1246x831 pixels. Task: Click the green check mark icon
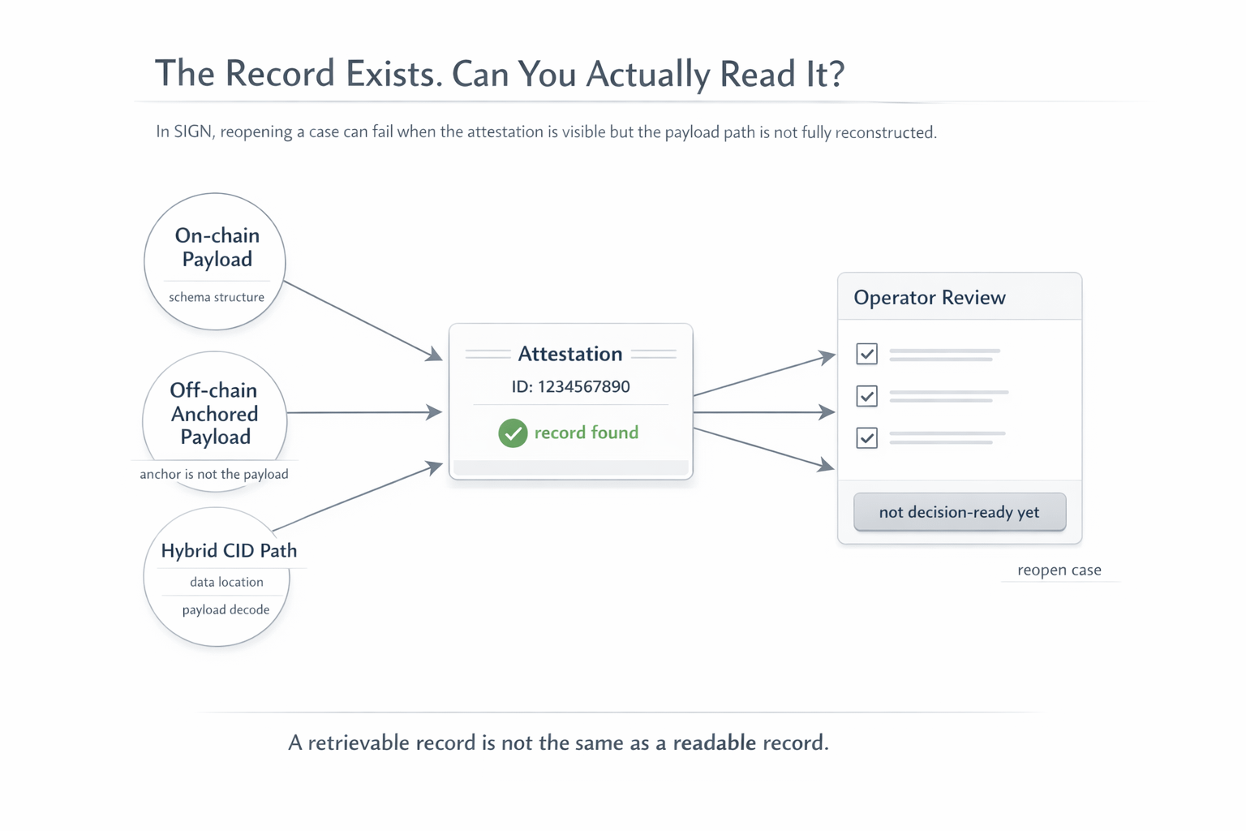click(513, 433)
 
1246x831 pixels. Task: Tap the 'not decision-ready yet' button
click(959, 512)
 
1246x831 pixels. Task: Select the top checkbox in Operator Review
click(866, 354)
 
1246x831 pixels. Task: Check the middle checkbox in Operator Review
click(866, 396)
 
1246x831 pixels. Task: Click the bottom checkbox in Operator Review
click(866, 438)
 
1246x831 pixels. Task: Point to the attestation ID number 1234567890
click(583, 386)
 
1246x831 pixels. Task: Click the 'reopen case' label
click(1059, 570)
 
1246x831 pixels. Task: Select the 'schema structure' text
click(217, 297)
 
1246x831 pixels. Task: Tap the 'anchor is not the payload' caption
click(214, 474)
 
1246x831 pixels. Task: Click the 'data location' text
click(226, 582)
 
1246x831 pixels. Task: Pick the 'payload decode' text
click(226, 609)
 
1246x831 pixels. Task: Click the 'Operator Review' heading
click(929, 297)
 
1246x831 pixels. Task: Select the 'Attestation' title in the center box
click(570, 354)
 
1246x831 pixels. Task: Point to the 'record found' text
click(586, 433)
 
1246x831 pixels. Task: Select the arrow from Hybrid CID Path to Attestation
click(357, 497)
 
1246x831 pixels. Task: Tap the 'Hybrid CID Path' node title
click(229, 550)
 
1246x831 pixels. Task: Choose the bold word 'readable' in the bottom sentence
click(714, 743)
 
